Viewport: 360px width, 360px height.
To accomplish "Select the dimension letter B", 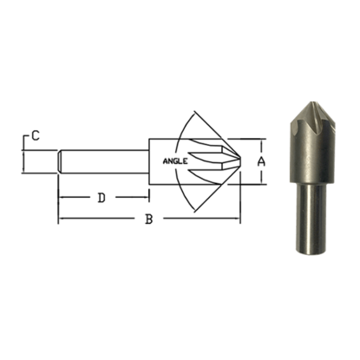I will (x=148, y=220).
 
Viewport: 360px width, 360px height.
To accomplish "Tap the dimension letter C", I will (x=35, y=135).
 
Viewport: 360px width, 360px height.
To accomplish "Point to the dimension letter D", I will (x=101, y=198).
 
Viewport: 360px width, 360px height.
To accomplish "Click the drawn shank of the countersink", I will (x=104, y=161).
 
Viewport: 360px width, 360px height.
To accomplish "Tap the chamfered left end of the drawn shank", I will (x=60, y=161).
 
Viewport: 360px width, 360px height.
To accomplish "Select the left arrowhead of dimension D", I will (x=62, y=198).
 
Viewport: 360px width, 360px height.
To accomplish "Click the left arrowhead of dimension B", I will (x=62, y=220).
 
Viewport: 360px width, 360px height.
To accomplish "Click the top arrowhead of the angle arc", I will (x=200, y=112).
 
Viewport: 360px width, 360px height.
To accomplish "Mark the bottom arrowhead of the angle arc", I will (x=200, y=211).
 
